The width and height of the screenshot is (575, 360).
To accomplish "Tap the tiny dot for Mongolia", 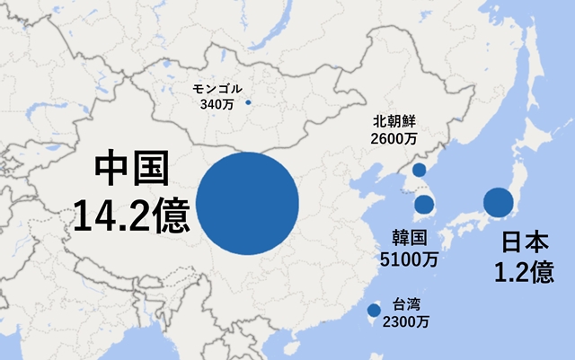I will click(248, 101).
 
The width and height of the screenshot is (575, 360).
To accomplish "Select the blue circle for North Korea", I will click(419, 170).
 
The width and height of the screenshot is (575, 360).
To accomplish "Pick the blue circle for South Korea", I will click(424, 205).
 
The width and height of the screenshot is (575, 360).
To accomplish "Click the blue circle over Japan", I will click(499, 202).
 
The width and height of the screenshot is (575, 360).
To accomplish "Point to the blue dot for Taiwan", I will click(374, 312).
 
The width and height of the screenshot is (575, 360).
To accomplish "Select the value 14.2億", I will click(131, 215).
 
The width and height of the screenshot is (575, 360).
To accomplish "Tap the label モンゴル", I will click(217, 89).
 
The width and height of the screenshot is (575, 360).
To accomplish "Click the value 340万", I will click(217, 104).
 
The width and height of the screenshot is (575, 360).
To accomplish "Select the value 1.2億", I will click(524, 272).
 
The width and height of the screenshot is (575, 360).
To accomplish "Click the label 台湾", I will click(406, 303).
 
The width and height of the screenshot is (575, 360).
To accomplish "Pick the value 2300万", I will click(406, 320).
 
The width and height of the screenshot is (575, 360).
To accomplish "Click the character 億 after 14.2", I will click(172, 215).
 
